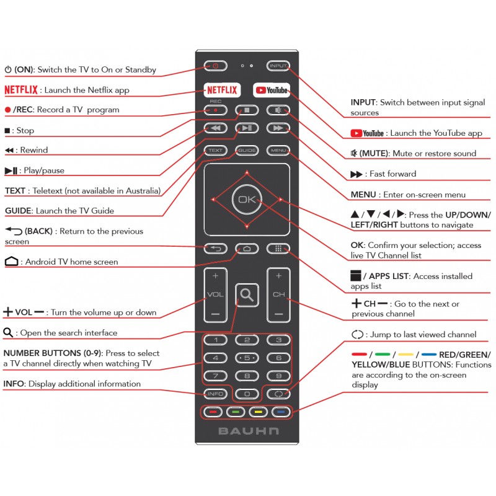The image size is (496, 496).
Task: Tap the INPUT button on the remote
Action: coord(278,66)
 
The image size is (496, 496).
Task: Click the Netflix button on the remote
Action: coord(222,90)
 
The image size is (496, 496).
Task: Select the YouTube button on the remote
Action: coord(272,90)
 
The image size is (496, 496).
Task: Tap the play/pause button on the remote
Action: coord(247,128)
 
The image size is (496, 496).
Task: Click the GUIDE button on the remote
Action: coord(247,150)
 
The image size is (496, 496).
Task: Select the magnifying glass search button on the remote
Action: coord(247,295)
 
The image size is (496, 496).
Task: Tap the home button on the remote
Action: coord(247,249)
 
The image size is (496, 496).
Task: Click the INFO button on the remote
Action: coord(215,394)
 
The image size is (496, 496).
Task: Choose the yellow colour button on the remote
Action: coord(258,412)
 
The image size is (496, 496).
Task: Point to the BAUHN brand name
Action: coord(249,431)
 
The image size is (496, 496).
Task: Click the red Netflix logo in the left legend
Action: coord(21,90)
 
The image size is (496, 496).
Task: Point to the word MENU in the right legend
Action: coord(363,195)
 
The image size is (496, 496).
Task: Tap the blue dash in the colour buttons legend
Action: coord(429,354)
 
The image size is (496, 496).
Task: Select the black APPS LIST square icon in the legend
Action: coord(355,275)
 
